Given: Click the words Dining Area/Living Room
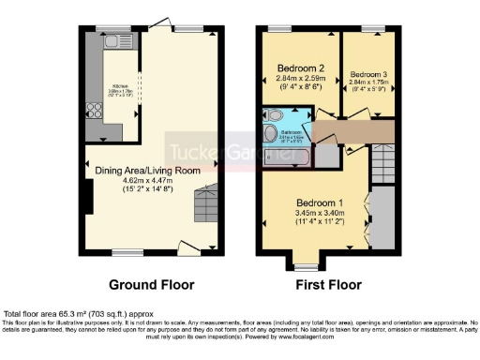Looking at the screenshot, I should tap(148, 170).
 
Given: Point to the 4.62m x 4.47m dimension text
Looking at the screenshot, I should tap(148, 181).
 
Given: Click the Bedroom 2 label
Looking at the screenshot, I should tap(301, 68).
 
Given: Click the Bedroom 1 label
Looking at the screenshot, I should tap(320, 203).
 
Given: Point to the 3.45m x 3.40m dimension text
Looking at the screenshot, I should tap(320, 215).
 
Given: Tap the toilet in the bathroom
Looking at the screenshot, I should tap(273, 116).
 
